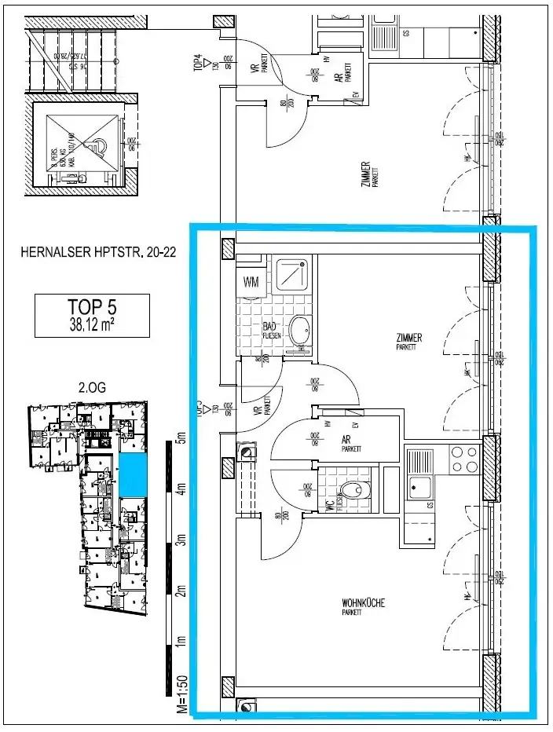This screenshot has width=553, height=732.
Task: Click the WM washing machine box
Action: coord(251,281)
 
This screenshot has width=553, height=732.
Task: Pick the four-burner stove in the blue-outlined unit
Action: coord(463,459)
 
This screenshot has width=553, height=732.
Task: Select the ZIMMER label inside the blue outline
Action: coord(409,338)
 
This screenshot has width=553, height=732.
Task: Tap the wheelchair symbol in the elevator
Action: coord(97,144)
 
